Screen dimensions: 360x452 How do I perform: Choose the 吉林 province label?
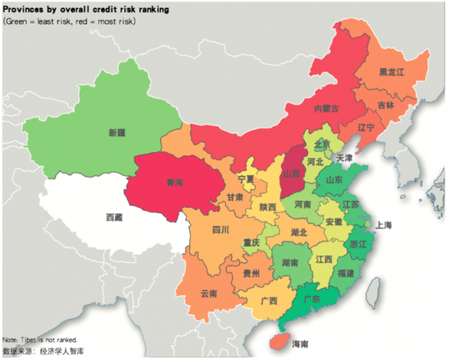(385, 105)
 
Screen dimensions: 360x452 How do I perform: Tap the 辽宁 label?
(367, 128)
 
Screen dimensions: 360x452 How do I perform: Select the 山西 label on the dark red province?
(292, 174)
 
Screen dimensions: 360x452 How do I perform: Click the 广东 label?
(312, 299)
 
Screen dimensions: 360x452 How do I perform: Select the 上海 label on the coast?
(383, 225)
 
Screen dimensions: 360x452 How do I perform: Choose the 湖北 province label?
(297, 233)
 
